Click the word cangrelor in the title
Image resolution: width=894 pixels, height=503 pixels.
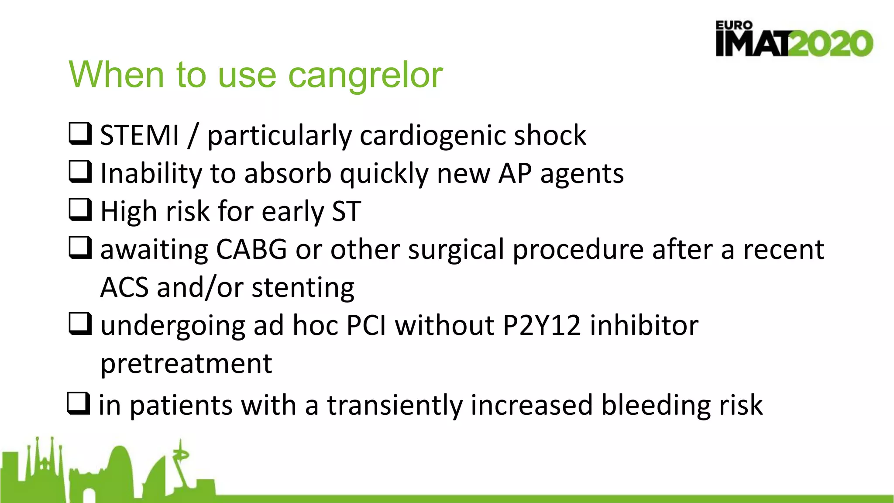365,75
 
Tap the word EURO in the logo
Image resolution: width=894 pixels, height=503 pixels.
734,26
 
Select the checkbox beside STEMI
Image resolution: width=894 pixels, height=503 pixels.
80,134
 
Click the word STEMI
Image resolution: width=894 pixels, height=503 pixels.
139,135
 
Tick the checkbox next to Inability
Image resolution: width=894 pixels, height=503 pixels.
80,172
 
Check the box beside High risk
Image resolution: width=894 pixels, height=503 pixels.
80,210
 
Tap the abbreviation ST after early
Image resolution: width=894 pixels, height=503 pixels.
346,212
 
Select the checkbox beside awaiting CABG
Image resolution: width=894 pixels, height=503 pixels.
80,248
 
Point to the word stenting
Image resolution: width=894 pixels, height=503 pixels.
303,288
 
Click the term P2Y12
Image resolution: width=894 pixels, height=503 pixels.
542,326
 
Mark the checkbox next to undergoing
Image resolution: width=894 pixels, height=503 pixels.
80,324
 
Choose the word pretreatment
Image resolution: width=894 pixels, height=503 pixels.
186,364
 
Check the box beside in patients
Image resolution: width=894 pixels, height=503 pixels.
79,403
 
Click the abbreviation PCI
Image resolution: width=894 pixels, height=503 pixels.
366,326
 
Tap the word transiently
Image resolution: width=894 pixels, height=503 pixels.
395,405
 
